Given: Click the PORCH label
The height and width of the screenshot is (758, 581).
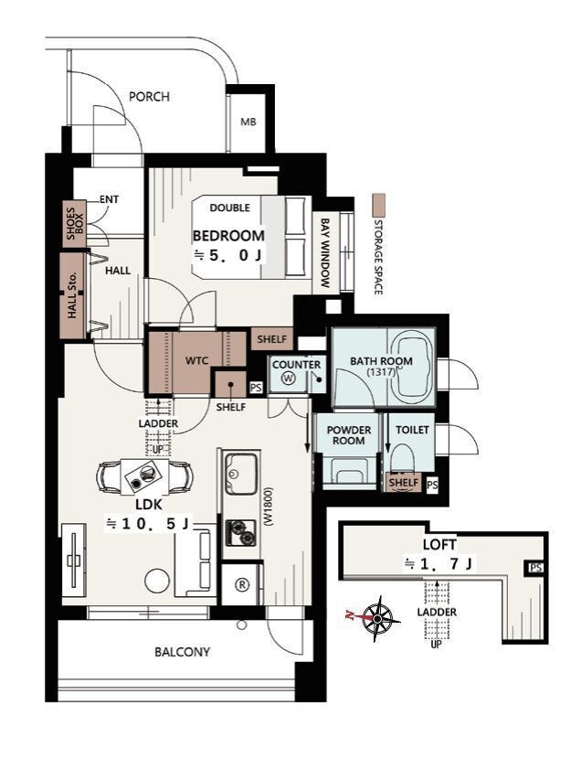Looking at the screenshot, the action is coord(149,97).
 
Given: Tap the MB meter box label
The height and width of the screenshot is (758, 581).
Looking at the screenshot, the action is coord(248,123).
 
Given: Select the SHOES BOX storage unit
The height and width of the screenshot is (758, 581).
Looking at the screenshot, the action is coord(74,224).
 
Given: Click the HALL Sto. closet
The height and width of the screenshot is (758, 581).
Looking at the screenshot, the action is coord(72,295).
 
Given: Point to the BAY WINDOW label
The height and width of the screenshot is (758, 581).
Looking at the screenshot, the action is coord(325,253).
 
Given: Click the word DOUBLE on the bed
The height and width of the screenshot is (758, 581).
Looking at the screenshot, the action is coord(230,208).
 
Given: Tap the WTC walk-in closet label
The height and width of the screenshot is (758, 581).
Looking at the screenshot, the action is coord(197,360).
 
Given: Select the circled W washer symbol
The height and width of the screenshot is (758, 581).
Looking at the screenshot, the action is coord(289,379).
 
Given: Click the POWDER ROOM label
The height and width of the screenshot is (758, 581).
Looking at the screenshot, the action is coord(349,435).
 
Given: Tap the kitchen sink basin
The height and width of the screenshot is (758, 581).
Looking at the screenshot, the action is coord(241,474).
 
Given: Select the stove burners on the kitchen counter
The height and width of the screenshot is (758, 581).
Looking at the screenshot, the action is coord(241,532).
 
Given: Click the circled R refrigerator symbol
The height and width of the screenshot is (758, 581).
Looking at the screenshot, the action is coord(241,584).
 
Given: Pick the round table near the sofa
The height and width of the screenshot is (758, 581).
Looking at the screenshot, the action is coord(157,581).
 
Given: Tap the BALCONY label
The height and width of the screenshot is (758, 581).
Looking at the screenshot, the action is coord(182,652).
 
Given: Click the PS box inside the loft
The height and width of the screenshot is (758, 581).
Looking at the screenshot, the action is coord(535,568).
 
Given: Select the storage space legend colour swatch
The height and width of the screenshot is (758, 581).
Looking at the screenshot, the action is coord(379,205).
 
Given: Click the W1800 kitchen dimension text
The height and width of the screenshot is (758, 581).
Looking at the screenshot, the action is coord(269,507).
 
